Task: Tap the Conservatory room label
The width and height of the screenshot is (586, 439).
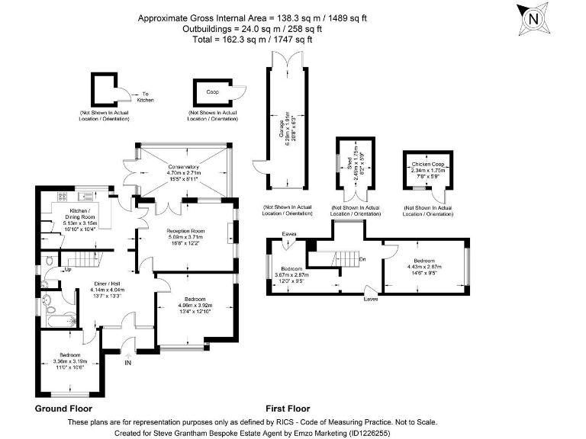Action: pyautogui.click(x=183, y=172)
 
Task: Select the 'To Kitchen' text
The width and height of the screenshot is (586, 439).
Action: pyautogui.click(x=146, y=97)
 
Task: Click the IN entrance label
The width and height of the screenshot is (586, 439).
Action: pyautogui.click(x=127, y=363)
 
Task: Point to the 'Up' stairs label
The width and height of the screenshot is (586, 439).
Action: pyautogui.click(x=68, y=269)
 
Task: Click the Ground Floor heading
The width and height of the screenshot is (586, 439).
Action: pyautogui.click(x=64, y=409)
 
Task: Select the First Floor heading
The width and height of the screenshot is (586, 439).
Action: pyautogui.click(x=288, y=409)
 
